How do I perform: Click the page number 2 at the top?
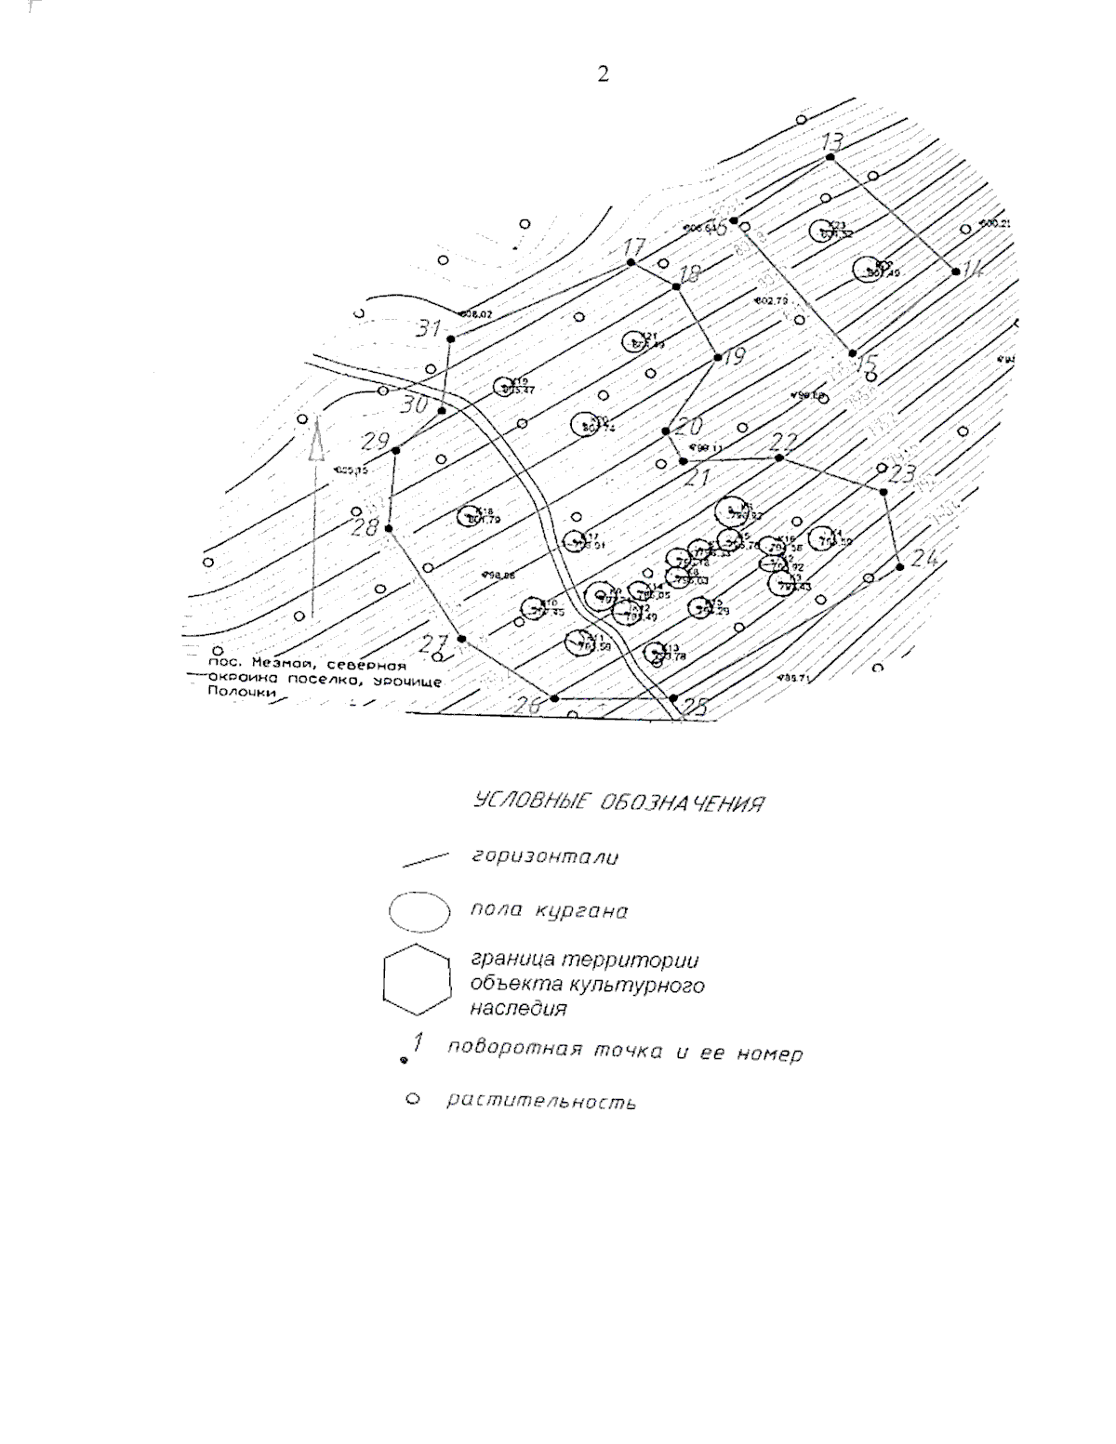(x=603, y=74)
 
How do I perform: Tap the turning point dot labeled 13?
(x=830, y=157)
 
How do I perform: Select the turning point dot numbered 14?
(x=955, y=271)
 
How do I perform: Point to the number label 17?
(x=633, y=248)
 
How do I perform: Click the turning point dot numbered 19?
(x=717, y=358)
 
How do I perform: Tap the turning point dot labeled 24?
(x=899, y=567)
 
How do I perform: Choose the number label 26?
(x=526, y=706)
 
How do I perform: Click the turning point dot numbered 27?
(x=461, y=639)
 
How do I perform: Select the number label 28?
(x=366, y=527)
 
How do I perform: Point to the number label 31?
(x=429, y=328)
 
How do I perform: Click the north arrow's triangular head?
(x=314, y=440)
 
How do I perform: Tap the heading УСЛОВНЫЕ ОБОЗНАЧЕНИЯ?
(x=618, y=803)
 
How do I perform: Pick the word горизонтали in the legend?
(x=544, y=856)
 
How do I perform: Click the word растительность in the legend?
(x=541, y=1102)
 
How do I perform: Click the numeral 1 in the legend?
(x=418, y=1042)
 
